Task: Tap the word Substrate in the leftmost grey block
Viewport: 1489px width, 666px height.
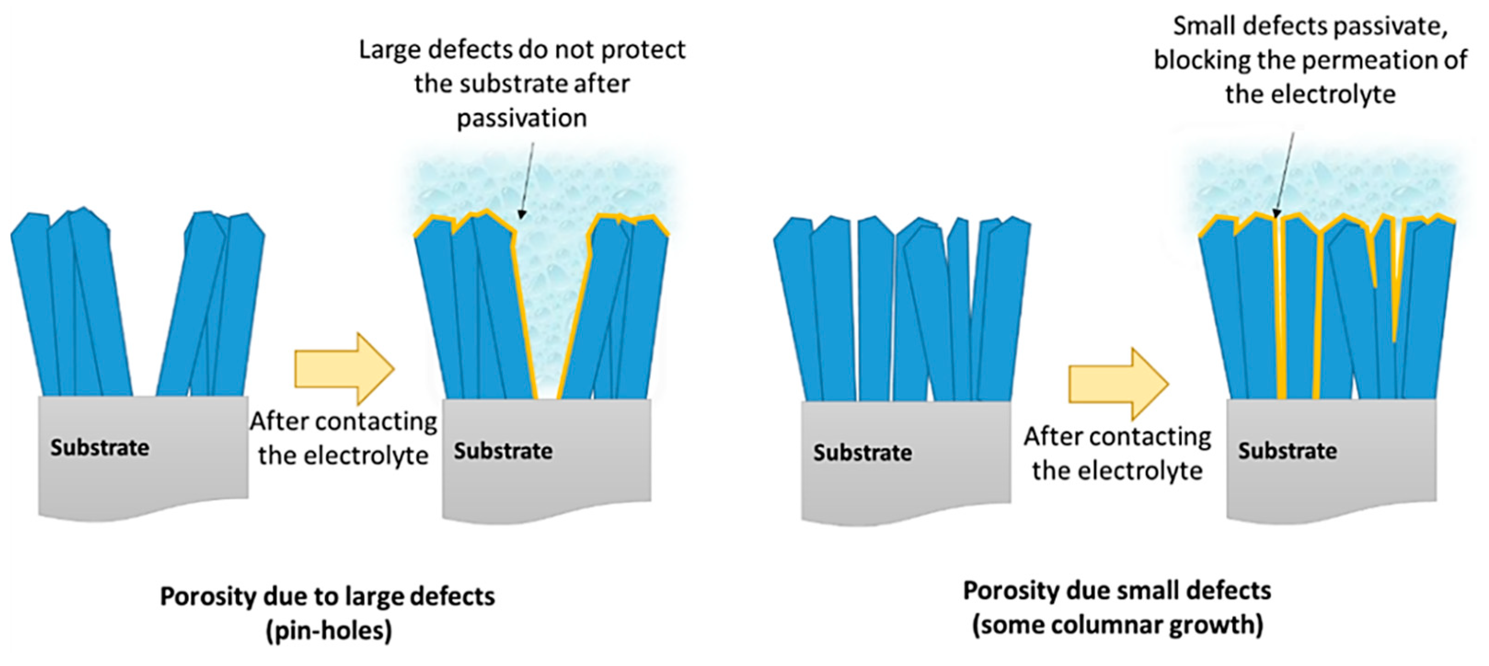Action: pos(99,448)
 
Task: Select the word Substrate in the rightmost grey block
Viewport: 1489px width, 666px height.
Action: pos(1287,451)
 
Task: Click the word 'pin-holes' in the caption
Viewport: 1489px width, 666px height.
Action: pos(328,630)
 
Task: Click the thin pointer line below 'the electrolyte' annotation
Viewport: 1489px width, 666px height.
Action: pos(1284,173)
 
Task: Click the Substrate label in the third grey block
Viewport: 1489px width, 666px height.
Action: pos(862,453)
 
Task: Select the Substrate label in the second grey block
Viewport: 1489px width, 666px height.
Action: pos(503,451)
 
